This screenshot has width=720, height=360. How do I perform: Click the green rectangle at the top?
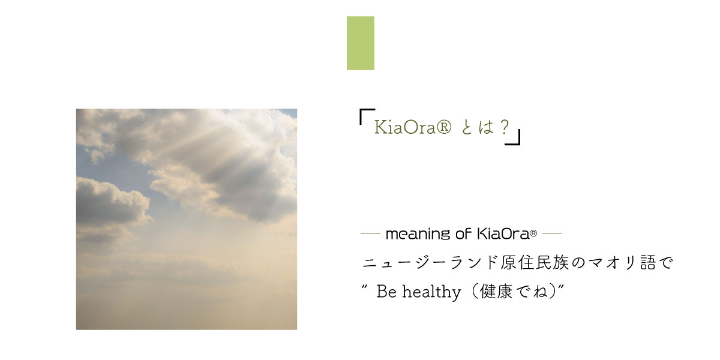point(361,43)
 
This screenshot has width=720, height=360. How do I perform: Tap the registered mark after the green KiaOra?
point(444,127)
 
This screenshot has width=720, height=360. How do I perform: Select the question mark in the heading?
point(505,127)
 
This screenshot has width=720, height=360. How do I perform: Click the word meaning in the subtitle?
point(418,235)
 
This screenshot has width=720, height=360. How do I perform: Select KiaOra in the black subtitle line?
point(503,233)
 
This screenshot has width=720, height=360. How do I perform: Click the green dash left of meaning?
point(370,233)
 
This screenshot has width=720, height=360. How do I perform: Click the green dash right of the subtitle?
point(552,233)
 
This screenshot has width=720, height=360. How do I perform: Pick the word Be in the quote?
point(386,292)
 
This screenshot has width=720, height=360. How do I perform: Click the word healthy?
point(431,293)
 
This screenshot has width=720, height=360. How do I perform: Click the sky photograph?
point(187,219)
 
